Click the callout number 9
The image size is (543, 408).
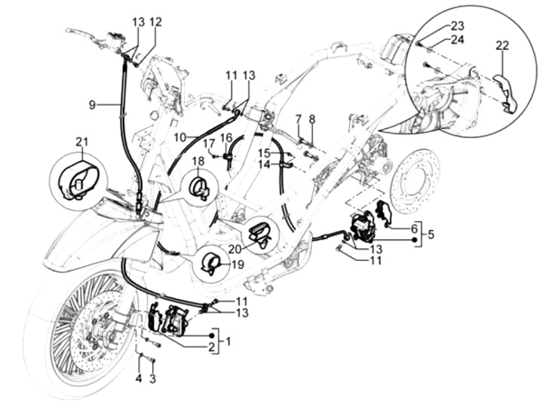(x=92, y=106)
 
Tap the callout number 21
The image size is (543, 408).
(x=81, y=142)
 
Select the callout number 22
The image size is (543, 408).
(x=502, y=45)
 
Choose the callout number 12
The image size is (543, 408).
(x=155, y=22)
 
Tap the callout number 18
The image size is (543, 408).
(x=198, y=162)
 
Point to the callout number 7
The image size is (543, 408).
(x=298, y=118)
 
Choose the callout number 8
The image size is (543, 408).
(x=312, y=118)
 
